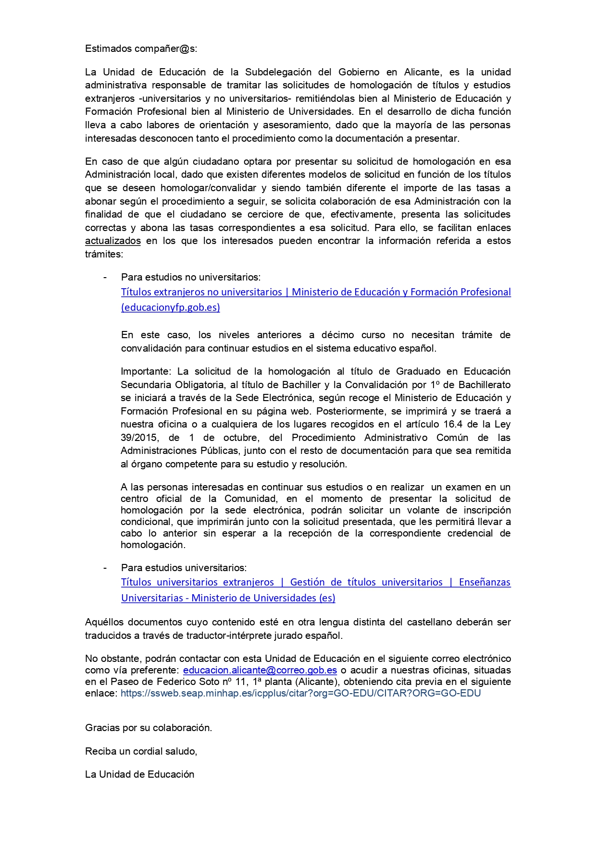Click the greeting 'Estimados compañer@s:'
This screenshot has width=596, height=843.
click(x=141, y=49)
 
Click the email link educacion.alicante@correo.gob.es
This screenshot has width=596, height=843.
click(x=260, y=670)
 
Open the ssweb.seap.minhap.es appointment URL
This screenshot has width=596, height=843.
click(x=300, y=693)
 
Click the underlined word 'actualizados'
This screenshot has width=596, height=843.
click(x=112, y=241)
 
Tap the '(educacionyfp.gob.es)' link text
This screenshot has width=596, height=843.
click(x=171, y=307)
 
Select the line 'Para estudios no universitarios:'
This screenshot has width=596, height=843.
click(x=191, y=277)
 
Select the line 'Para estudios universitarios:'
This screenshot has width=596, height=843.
click(x=184, y=568)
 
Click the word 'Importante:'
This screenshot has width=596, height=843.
click(x=146, y=371)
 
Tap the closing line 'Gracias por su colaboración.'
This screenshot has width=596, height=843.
click(x=149, y=728)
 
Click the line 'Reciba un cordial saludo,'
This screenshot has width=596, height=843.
click(x=141, y=751)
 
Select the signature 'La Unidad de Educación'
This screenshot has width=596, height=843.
click(x=139, y=774)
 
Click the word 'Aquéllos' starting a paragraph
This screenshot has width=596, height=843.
click(x=104, y=623)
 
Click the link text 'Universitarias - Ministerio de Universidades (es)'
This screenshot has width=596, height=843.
click(x=228, y=598)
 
